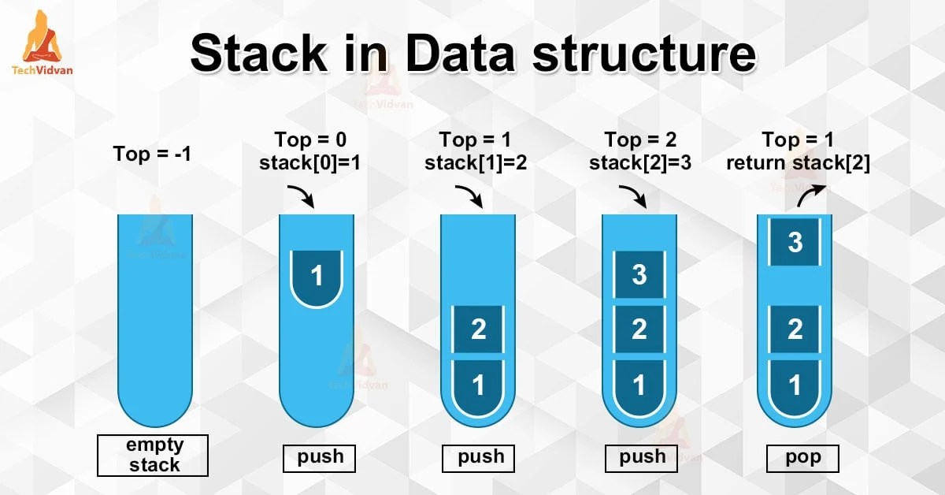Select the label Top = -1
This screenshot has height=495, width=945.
[x=153, y=154]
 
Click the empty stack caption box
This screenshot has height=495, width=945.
[x=153, y=455]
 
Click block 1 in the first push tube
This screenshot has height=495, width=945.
[x=317, y=276]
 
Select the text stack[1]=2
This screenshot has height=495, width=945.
[x=475, y=163]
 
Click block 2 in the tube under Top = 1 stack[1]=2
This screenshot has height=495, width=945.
[x=478, y=329]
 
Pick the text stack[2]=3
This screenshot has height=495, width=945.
[x=640, y=163]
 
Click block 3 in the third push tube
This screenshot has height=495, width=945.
[x=639, y=274]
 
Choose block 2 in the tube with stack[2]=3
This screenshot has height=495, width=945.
[x=639, y=329]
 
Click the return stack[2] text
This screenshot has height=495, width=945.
[x=798, y=163]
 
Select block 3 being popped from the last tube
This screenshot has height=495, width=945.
[x=795, y=242]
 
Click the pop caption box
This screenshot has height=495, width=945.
[x=802, y=458]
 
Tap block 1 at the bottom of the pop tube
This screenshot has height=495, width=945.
[x=795, y=385]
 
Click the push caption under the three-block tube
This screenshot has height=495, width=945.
[x=641, y=458]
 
